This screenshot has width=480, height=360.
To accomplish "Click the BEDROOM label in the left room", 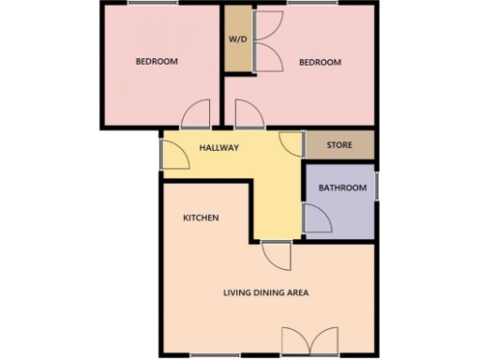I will pos(157,62).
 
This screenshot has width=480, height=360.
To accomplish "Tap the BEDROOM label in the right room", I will pos(320,63).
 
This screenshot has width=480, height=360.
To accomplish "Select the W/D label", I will pos(237,39).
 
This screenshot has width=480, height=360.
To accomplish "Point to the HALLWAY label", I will pos(218,147).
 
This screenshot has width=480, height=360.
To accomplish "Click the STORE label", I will pos(339,145).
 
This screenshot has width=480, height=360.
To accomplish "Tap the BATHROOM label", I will pos(342,187).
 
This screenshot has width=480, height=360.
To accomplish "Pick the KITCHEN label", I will pos(201,217).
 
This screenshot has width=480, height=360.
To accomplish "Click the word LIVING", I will pos(237,292).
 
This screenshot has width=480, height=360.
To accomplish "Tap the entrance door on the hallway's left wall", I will pos(175,155).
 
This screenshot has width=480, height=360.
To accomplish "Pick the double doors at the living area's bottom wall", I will pos(307,341).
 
